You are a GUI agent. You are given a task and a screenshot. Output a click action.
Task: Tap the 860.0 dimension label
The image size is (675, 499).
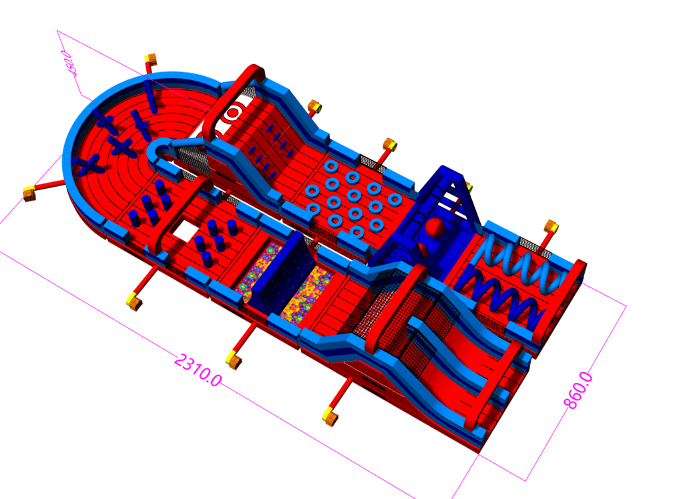point(578,390)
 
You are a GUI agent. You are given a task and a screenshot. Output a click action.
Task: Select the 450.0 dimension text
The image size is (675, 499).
point(69,63)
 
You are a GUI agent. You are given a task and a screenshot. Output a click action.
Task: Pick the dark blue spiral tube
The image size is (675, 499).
point(499,297)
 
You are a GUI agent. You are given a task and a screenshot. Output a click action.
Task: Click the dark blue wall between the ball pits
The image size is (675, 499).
point(282,271)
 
